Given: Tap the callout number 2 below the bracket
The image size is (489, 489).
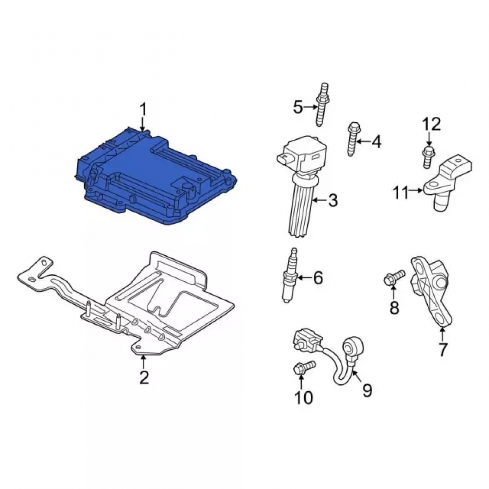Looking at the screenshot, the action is point(144,377).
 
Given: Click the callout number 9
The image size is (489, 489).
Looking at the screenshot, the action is point(367,390).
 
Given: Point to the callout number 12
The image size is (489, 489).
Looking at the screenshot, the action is point(432,124).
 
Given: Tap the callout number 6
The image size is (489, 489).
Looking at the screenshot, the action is point(318,277).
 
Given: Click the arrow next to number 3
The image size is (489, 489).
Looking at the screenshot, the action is point(319,200).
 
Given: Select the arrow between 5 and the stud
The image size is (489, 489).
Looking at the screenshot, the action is point(311,107).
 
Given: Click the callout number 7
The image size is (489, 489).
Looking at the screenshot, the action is point(443,349).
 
